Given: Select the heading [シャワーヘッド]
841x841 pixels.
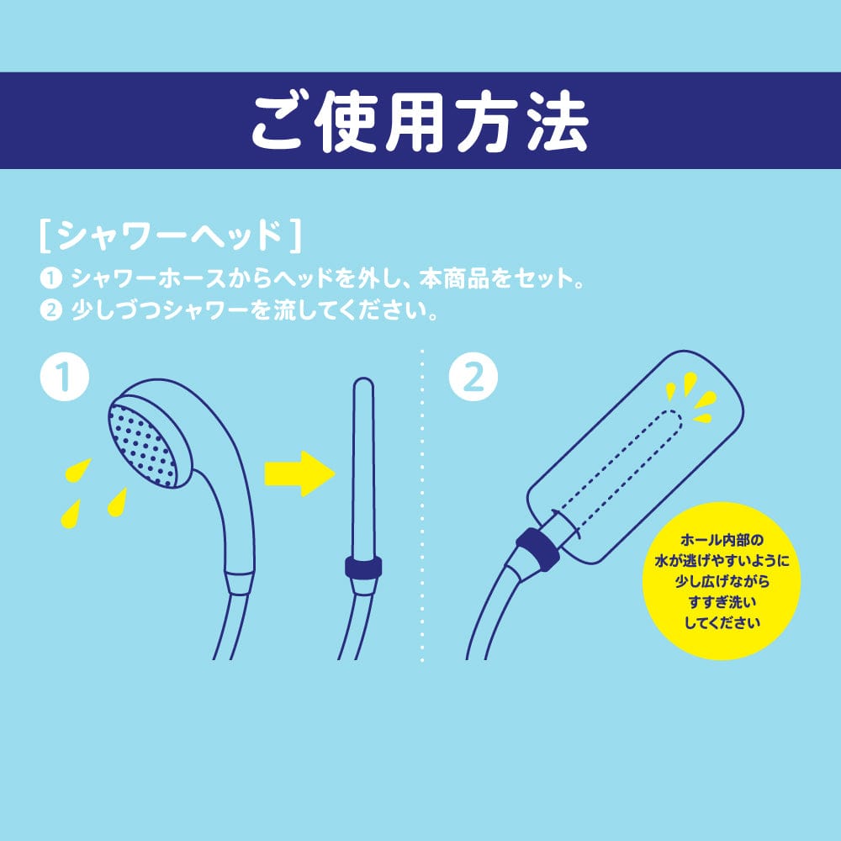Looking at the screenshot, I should (169, 237).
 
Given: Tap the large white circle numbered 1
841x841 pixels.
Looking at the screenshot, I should (65, 379).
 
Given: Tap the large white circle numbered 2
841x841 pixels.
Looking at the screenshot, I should (473, 379).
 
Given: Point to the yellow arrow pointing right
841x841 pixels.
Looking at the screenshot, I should (299, 474).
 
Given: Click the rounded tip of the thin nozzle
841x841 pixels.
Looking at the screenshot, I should (363, 388).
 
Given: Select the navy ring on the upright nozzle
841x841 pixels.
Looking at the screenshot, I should (362, 566).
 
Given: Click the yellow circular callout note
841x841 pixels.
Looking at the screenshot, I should (721, 580).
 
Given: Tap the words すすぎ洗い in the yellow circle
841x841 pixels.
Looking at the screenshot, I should (722, 602).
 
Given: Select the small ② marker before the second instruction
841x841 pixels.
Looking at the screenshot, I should (51, 310).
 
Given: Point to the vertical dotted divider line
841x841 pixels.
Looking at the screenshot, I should (420, 505).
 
